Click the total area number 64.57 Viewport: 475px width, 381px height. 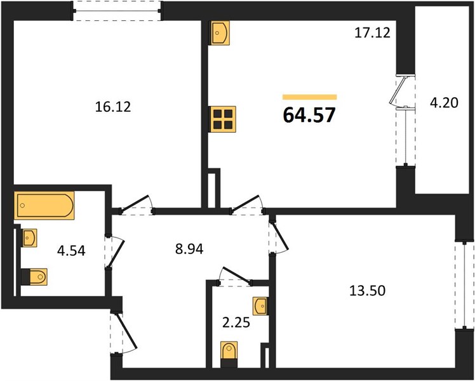[309, 115]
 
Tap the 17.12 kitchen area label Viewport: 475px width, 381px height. [372, 32]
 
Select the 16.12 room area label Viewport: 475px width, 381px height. [113, 107]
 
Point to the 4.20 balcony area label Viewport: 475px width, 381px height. [444, 103]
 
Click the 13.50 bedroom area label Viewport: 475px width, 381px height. [368, 290]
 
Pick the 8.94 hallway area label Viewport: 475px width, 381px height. [189, 249]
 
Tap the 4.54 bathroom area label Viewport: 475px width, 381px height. [72, 250]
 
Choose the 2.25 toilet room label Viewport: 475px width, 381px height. [236, 323]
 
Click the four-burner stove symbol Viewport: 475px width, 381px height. [222, 119]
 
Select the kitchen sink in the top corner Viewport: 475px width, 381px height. [220, 33]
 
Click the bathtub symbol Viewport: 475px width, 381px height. [44, 205]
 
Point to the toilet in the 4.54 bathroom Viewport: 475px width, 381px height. [34, 276]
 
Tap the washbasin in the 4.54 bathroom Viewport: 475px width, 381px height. [29, 238]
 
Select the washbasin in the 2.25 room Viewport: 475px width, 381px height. [261, 306]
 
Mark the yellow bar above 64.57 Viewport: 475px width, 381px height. [310, 97]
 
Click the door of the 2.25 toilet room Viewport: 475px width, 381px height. [235, 276]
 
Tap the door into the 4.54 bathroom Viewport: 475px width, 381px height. [114, 252]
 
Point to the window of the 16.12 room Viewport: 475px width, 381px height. [117, 11]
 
